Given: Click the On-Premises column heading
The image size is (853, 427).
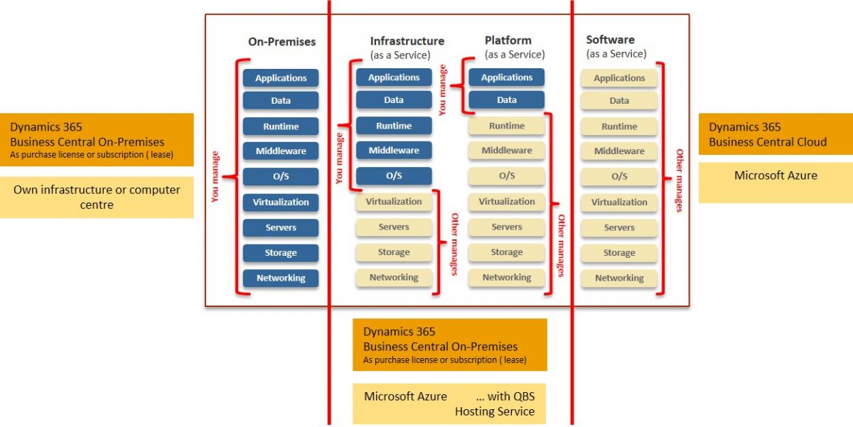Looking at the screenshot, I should click(281, 42).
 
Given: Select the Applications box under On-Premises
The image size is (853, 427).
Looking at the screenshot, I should click(281, 78).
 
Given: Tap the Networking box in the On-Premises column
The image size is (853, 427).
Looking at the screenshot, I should click(281, 279).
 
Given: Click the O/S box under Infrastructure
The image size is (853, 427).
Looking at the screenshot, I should click(394, 176).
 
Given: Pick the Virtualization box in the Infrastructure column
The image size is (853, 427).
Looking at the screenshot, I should click(394, 202).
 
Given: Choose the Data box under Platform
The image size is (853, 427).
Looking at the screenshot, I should click(507, 100).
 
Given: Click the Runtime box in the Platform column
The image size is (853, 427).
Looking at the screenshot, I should click(507, 126).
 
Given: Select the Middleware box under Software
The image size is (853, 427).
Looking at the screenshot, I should click(619, 151).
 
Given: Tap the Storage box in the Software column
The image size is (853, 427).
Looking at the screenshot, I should click(619, 253).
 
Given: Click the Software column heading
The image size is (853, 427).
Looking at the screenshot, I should click(610, 40).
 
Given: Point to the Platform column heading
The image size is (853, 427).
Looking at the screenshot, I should click(508, 40).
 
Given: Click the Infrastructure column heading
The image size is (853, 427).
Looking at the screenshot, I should click(407, 41).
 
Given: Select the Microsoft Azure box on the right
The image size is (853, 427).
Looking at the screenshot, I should click(776, 175).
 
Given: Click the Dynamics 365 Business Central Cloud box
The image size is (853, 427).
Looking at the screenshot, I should click(776, 134).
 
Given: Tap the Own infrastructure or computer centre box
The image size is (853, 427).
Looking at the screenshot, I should click(97, 197).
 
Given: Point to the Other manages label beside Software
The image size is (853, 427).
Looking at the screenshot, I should click(679, 180).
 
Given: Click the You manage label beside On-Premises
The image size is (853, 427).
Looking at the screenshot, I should click(216, 177).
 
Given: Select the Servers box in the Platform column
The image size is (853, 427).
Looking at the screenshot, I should click(507, 227).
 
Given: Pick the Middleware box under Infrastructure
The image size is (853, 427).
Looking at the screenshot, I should click(394, 151).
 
